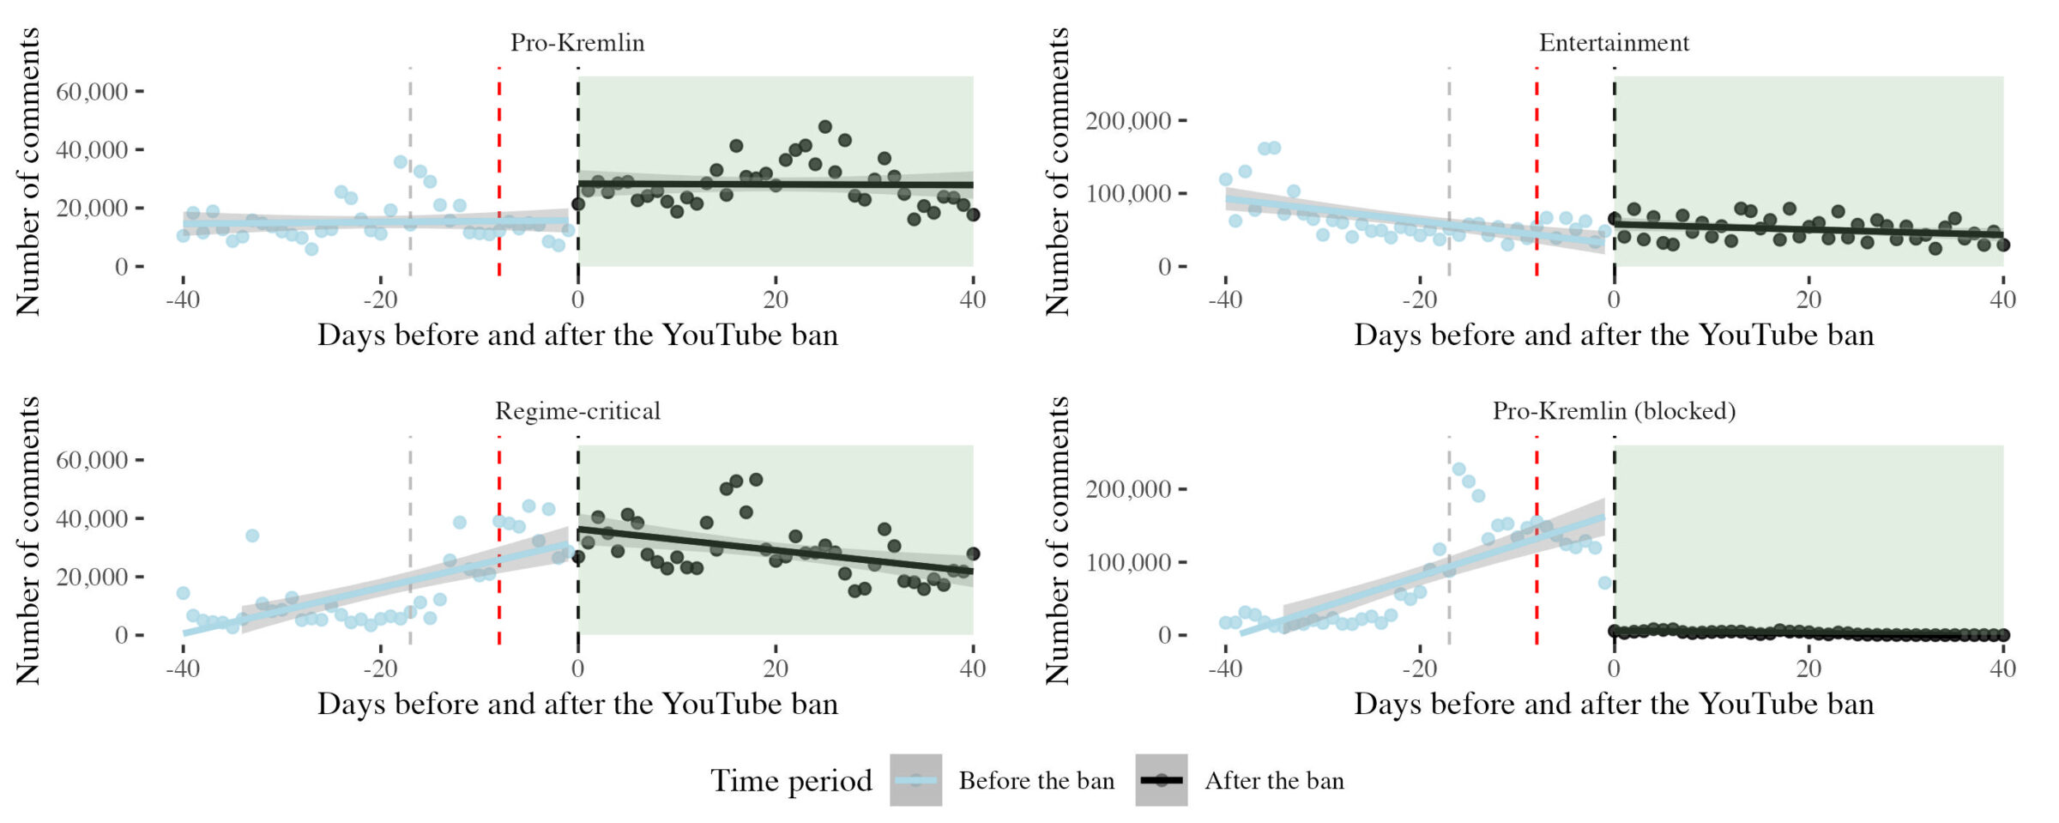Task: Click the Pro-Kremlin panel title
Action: coord(577,43)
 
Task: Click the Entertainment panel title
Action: coord(1614,43)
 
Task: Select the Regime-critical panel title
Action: coord(577,411)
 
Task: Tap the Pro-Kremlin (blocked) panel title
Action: coord(1614,411)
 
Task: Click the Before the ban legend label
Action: coord(1036,781)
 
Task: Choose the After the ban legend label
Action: coord(1274,781)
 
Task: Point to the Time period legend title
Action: coord(791,781)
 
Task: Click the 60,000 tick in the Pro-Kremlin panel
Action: coord(92,91)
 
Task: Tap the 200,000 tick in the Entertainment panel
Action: coord(1128,120)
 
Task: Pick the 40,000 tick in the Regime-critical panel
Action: coord(92,518)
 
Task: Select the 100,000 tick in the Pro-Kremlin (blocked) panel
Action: coord(1128,562)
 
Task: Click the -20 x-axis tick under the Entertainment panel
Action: coord(1419,300)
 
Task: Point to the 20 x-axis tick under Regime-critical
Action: coord(776,669)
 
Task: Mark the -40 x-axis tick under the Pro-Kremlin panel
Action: coord(183,300)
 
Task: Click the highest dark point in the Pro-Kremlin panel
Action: coord(825,127)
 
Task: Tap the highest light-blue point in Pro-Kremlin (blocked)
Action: coord(1458,469)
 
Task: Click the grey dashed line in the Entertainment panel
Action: coord(1449,172)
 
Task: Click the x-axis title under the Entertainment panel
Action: coord(1614,336)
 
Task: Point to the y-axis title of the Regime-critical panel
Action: coord(28,541)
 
